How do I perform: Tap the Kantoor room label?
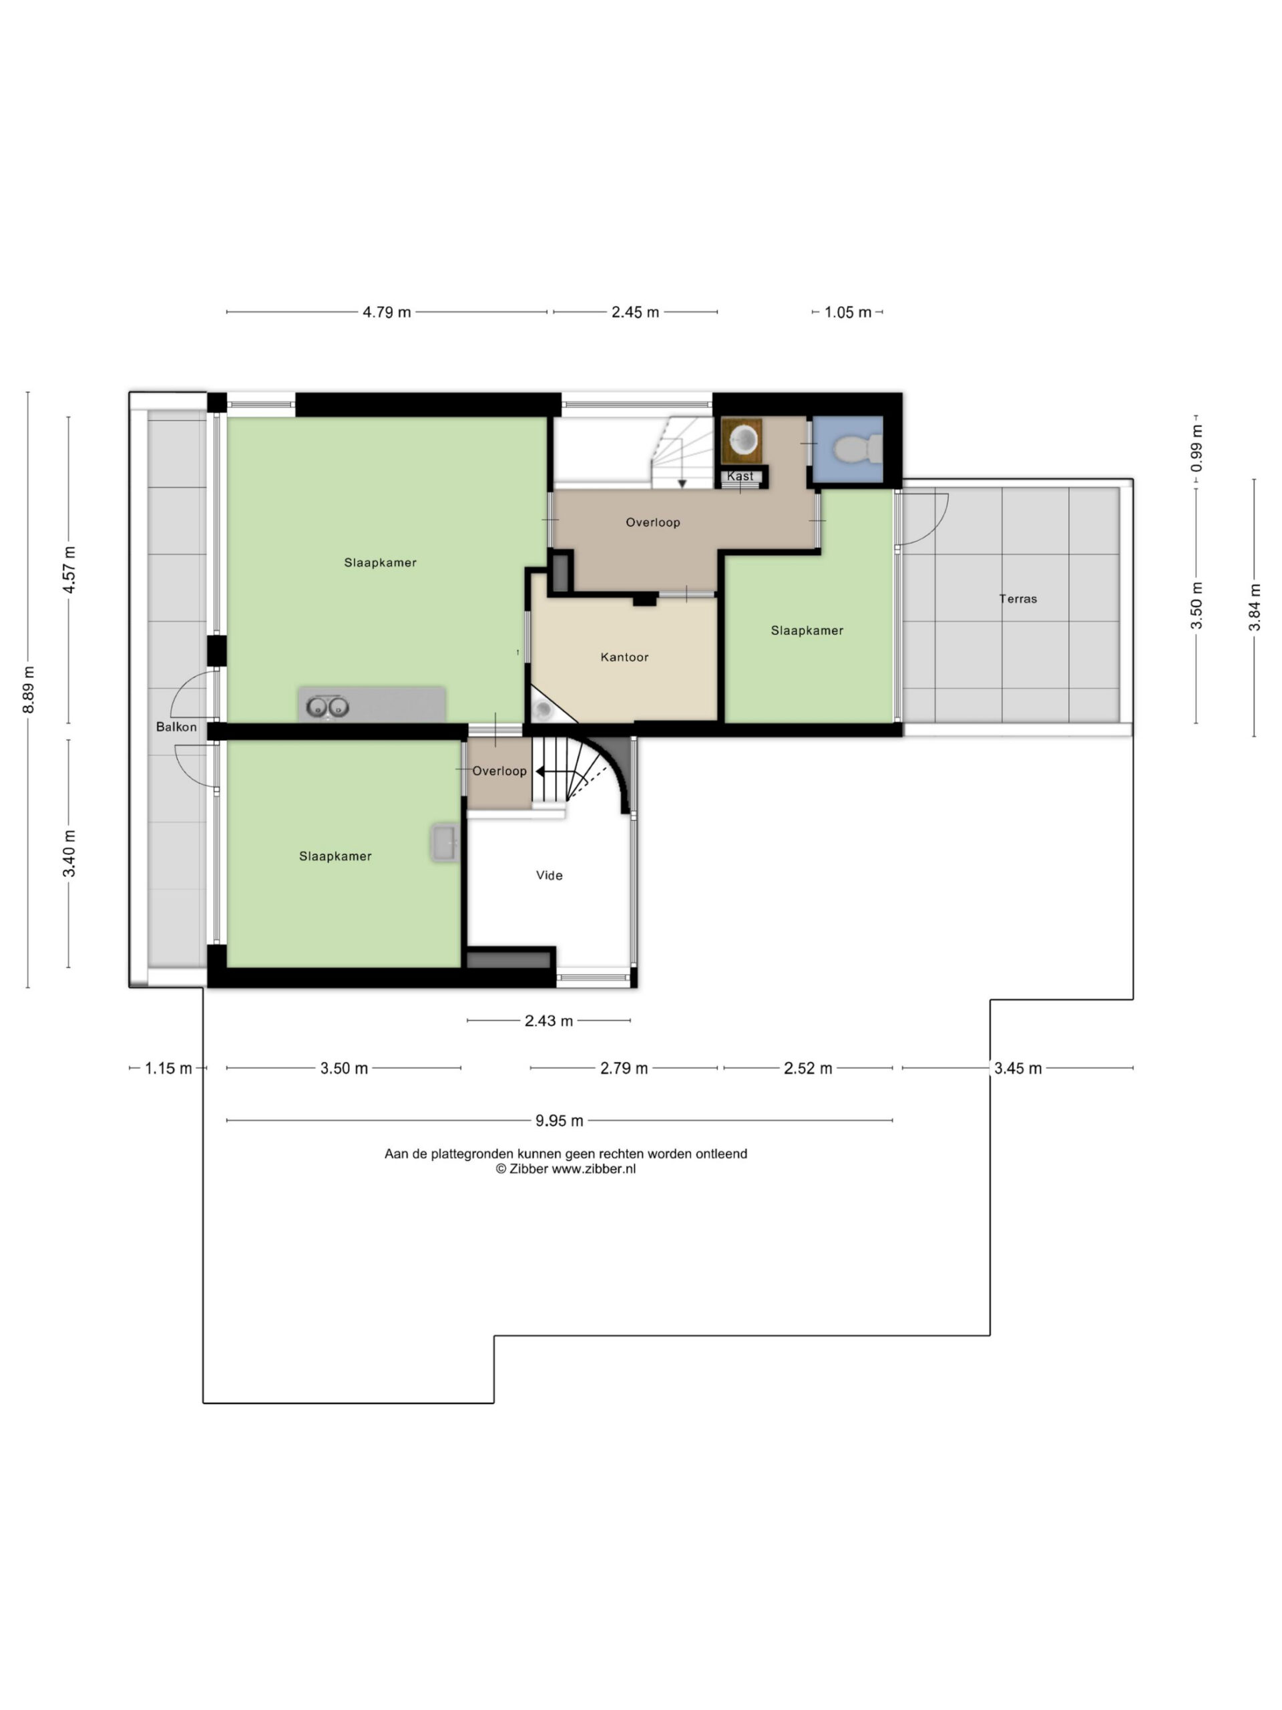pos(624,657)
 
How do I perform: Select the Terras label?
pos(1018,598)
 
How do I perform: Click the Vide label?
pos(550,875)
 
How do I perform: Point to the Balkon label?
pos(176,727)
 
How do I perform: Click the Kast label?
pos(740,476)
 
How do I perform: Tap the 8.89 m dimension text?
pos(28,689)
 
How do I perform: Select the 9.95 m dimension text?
pos(560,1120)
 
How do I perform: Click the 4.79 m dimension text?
pos(387,313)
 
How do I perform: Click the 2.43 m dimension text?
pos(549,1021)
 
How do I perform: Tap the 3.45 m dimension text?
pos(1018,1068)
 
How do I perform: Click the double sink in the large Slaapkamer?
pos(328,707)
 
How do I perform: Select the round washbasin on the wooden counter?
pos(743,439)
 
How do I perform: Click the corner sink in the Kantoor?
pos(544,707)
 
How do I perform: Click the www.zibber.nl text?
pos(594,1169)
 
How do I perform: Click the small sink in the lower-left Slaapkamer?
pos(444,842)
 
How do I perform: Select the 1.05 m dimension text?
pos(848,313)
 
